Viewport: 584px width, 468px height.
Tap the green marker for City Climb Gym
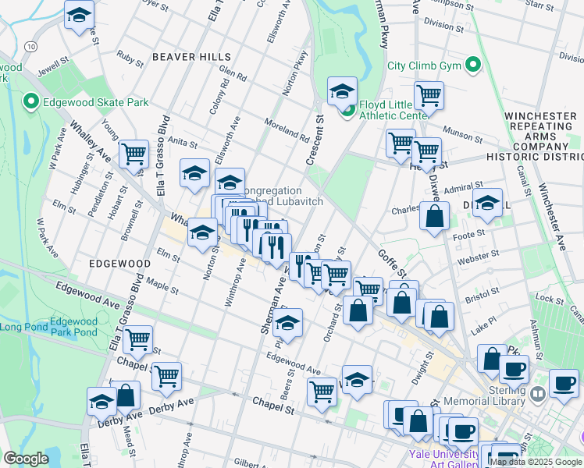[472, 64]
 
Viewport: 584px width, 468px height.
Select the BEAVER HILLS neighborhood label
[192, 57]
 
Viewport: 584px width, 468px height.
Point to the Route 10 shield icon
[30, 47]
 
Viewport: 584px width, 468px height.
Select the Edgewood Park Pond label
[73, 327]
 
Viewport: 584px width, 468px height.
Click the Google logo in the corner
[26, 459]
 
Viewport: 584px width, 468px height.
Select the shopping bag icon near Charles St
[434, 216]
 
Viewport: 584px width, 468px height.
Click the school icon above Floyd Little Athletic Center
[341, 90]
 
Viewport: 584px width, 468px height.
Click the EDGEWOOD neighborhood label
[114, 264]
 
